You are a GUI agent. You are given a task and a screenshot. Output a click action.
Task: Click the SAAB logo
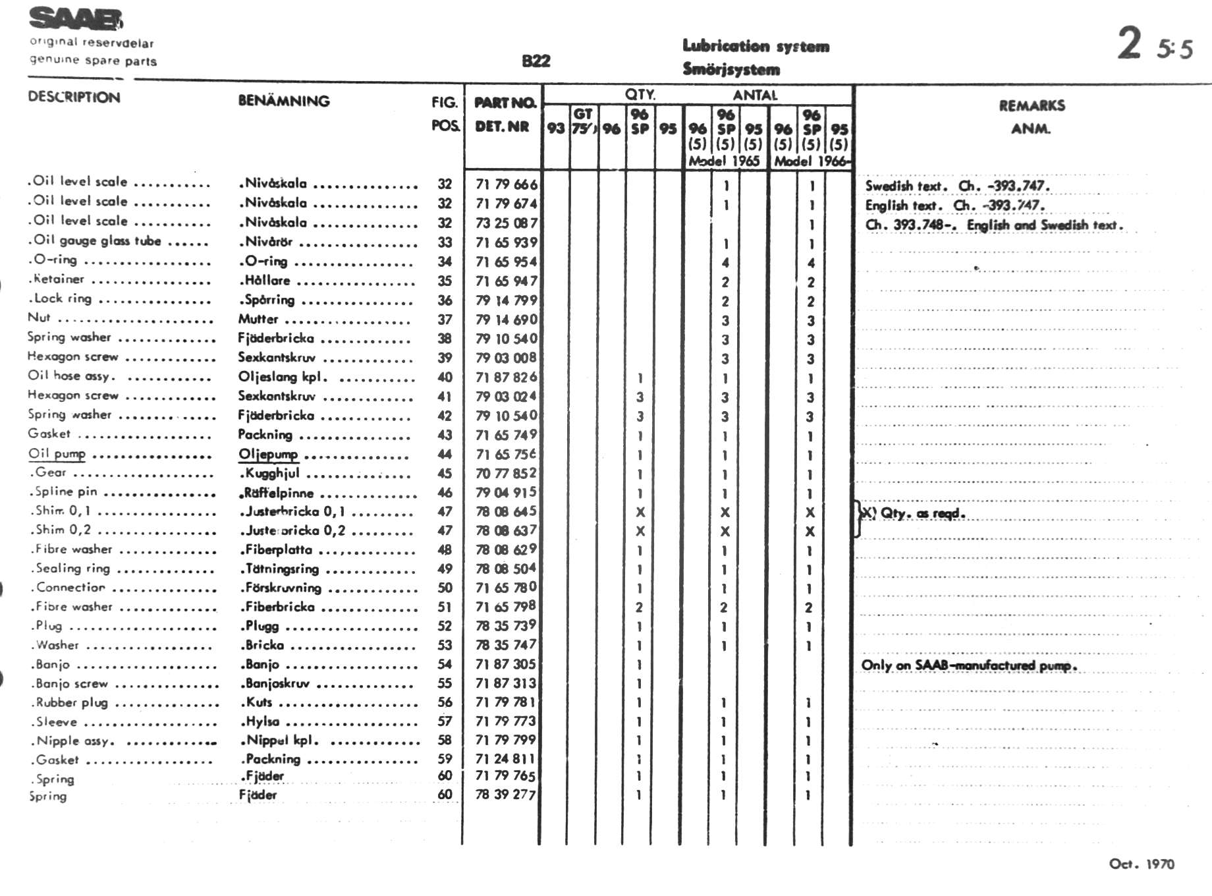click(75, 19)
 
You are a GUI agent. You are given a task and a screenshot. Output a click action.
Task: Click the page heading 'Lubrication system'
click(756, 46)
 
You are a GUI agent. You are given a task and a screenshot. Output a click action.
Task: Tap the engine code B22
click(536, 61)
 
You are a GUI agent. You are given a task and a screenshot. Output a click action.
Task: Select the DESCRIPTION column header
click(74, 98)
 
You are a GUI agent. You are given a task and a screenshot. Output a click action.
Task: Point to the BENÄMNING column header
click(283, 101)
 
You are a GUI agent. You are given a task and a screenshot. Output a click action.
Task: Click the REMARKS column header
click(1032, 105)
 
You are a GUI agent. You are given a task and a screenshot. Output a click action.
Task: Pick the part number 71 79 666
click(506, 184)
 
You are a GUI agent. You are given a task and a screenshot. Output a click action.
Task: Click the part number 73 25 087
click(506, 223)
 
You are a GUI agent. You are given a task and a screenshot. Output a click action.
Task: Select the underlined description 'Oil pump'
click(57, 453)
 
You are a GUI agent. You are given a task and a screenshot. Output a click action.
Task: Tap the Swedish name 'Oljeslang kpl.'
click(283, 377)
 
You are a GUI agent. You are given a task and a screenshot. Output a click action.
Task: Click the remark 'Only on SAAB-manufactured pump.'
click(968, 665)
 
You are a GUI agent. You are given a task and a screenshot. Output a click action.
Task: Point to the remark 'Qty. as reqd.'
click(922, 513)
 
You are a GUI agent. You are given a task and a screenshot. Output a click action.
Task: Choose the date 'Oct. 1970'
click(1141, 864)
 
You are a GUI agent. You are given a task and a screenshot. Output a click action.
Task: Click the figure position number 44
click(445, 454)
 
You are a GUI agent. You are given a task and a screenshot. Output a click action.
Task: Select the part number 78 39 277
click(505, 795)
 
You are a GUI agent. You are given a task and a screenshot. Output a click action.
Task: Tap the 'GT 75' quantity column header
click(583, 121)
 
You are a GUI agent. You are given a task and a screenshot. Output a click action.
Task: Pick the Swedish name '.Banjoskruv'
click(275, 683)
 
